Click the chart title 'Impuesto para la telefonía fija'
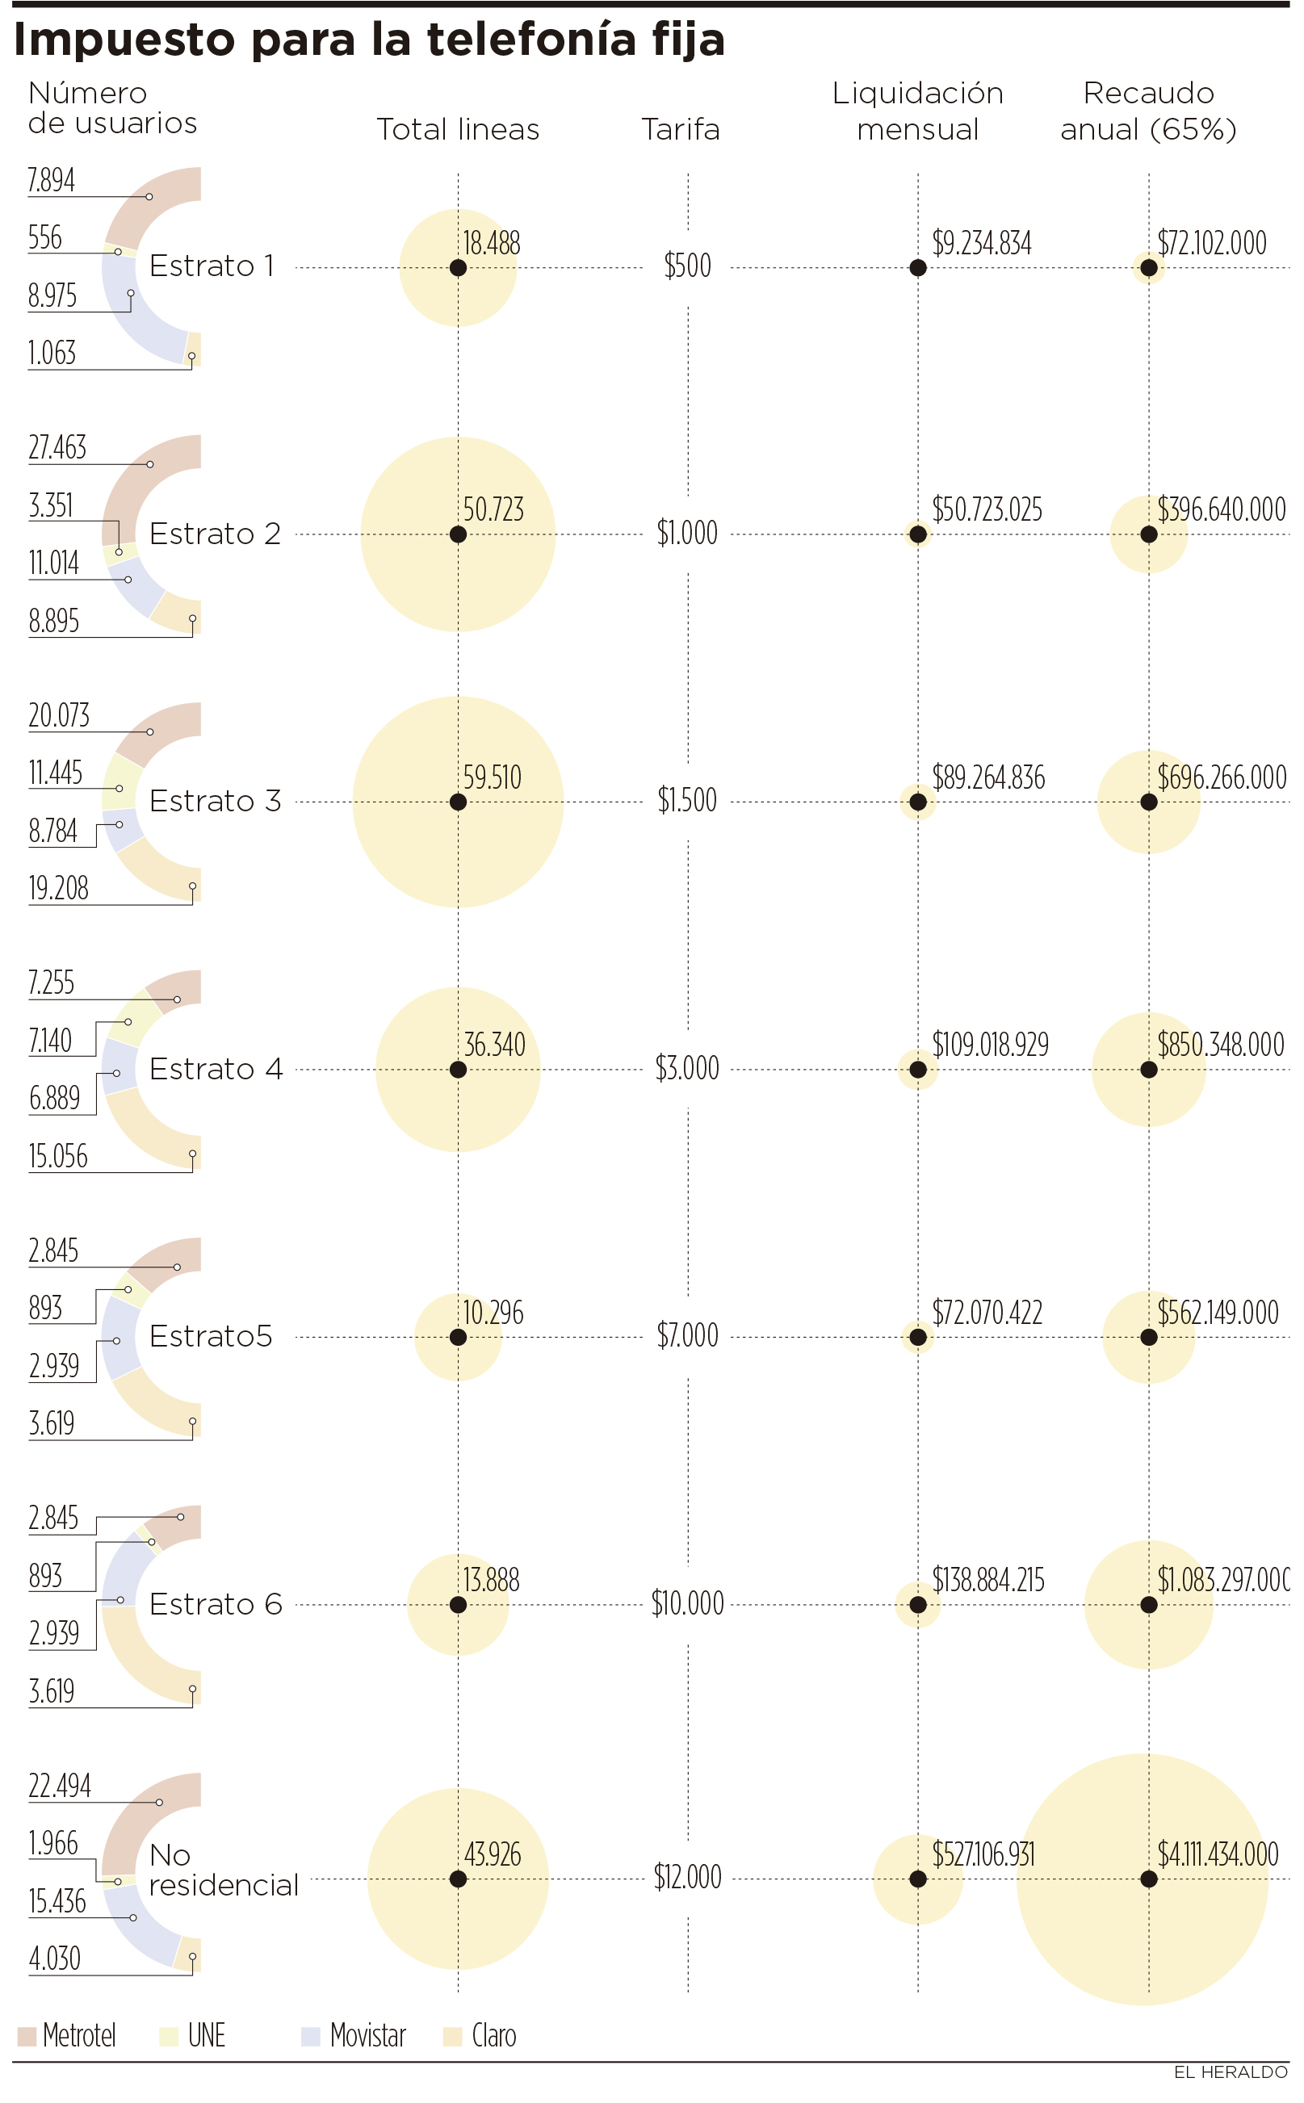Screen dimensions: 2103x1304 pos(369,40)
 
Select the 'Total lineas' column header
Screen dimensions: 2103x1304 pos(458,129)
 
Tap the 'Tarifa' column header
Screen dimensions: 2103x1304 pos(681,129)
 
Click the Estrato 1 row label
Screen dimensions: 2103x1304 pos(212,266)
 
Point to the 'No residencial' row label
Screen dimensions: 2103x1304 pos(223,1870)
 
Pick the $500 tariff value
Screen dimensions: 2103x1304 pos(687,266)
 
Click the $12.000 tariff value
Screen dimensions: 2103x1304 pos(687,1876)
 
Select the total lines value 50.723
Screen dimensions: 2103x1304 pos(493,509)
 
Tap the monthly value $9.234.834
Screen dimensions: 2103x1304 pos(982,243)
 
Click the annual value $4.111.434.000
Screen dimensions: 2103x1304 pos(1218,1854)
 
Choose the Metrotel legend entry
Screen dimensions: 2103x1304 pos(67,2036)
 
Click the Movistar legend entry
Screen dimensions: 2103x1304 pos(354,2036)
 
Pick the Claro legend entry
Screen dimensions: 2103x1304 pos(480,2036)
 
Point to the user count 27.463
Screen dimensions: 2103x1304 pos(58,447)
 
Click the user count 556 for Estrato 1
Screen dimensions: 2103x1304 pos(45,237)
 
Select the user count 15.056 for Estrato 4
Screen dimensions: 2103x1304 pos(58,1156)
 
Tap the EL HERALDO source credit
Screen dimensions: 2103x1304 pos(1231,2072)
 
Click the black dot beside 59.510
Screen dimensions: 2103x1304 pos(458,802)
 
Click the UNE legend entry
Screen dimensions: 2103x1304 pos(193,2036)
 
